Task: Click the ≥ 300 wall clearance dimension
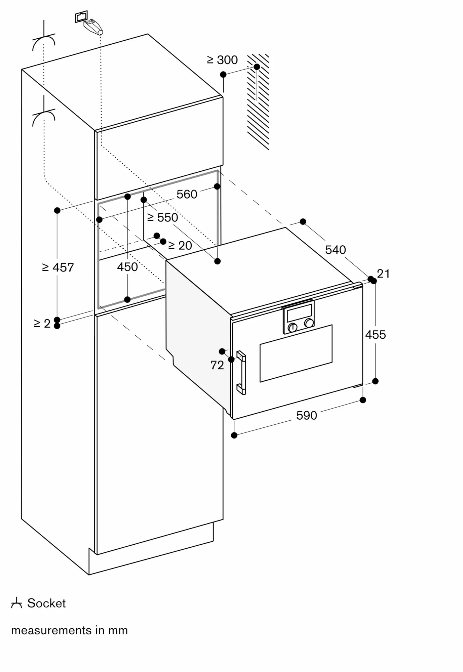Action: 222,60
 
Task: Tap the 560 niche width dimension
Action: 187,194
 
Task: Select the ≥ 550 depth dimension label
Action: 163,217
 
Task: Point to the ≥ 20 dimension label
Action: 180,246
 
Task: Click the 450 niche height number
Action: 127,267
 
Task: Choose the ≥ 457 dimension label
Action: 58,267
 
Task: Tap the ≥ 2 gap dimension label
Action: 42,324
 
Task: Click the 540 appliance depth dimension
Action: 336,250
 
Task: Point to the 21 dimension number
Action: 383,274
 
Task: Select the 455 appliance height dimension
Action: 376,335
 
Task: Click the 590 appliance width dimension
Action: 307,416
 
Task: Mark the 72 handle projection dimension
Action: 217,365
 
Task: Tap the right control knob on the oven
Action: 309,323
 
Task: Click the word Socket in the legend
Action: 46,603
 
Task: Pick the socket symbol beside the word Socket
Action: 16,603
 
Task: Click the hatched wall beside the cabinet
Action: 258,101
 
